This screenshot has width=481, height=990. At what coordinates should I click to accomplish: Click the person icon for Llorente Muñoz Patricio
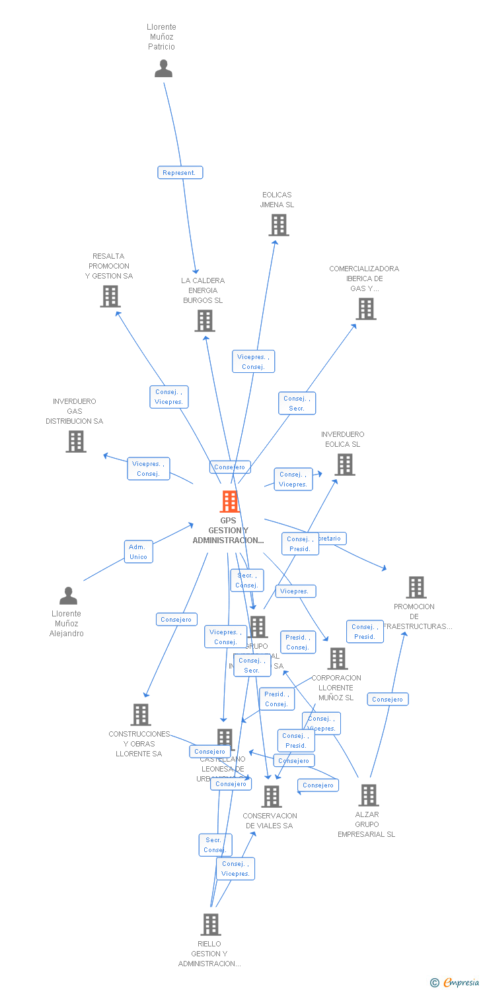(163, 69)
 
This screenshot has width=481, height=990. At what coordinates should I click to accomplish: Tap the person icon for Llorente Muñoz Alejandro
(68, 596)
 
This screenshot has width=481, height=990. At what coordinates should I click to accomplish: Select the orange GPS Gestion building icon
(229, 502)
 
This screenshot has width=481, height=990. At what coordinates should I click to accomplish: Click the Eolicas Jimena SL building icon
(279, 225)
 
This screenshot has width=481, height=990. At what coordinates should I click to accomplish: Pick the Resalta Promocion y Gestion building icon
(110, 296)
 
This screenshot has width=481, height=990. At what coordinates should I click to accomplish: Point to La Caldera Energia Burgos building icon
(205, 321)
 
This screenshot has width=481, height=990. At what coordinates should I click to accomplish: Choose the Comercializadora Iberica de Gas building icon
(365, 308)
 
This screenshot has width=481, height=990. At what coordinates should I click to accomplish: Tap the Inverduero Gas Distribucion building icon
(76, 441)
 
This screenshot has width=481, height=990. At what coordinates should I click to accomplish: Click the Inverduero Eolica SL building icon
(344, 465)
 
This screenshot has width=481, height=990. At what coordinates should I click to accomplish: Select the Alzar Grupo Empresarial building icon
(369, 795)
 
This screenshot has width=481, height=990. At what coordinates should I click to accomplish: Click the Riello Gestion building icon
(211, 924)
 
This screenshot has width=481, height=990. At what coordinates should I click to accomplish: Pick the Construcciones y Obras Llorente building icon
(140, 714)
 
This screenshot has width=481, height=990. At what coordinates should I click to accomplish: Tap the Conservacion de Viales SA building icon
(271, 797)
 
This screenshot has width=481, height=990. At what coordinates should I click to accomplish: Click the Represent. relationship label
(180, 173)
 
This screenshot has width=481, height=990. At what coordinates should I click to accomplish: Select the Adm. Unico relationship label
(139, 552)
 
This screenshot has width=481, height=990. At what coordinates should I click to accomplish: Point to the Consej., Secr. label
(297, 403)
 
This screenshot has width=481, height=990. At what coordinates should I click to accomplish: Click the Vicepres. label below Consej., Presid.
(295, 591)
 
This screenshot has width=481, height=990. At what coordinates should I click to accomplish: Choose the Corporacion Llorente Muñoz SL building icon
(338, 658)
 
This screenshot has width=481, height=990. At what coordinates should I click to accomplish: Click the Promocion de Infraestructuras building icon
(416, 587)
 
